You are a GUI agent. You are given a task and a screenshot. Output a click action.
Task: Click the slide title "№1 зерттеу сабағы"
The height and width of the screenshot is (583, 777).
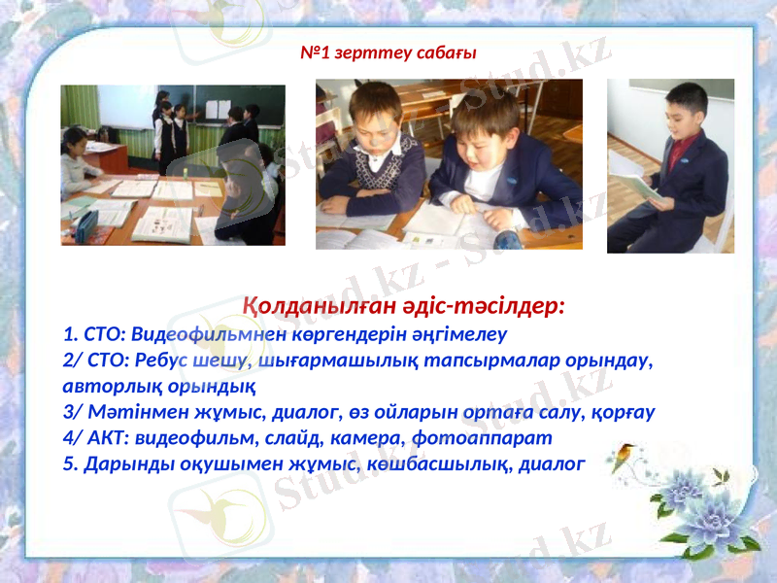click(x=388, y=52)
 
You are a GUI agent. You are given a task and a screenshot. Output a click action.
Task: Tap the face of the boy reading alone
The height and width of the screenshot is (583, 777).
click(x=685, y=109)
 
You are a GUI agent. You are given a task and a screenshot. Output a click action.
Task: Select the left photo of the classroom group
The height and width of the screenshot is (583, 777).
click(x=173, y=164)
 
